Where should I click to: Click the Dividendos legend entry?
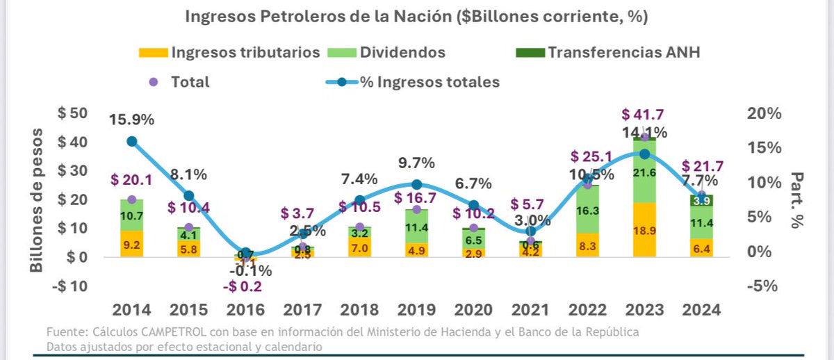[x=402, y=53]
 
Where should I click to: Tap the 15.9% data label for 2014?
[x=131, y=120]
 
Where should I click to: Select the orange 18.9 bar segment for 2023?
[x=644, y=229]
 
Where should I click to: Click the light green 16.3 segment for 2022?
[x=587, y=208]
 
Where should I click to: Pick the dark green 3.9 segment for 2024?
[x=701, y=200]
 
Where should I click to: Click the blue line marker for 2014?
[x=131, y=142]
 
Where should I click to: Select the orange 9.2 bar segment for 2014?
[x=131, y=244]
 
